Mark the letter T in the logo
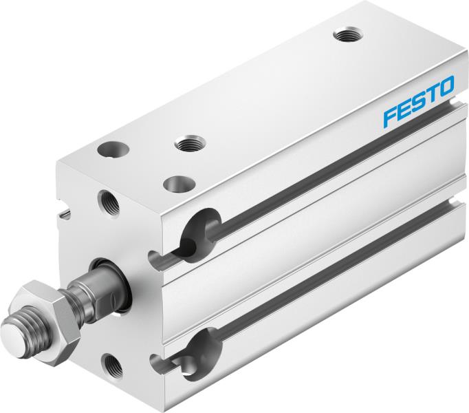click(431, 94)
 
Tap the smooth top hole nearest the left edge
click(109, 147)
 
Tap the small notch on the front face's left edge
click(64, 215)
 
